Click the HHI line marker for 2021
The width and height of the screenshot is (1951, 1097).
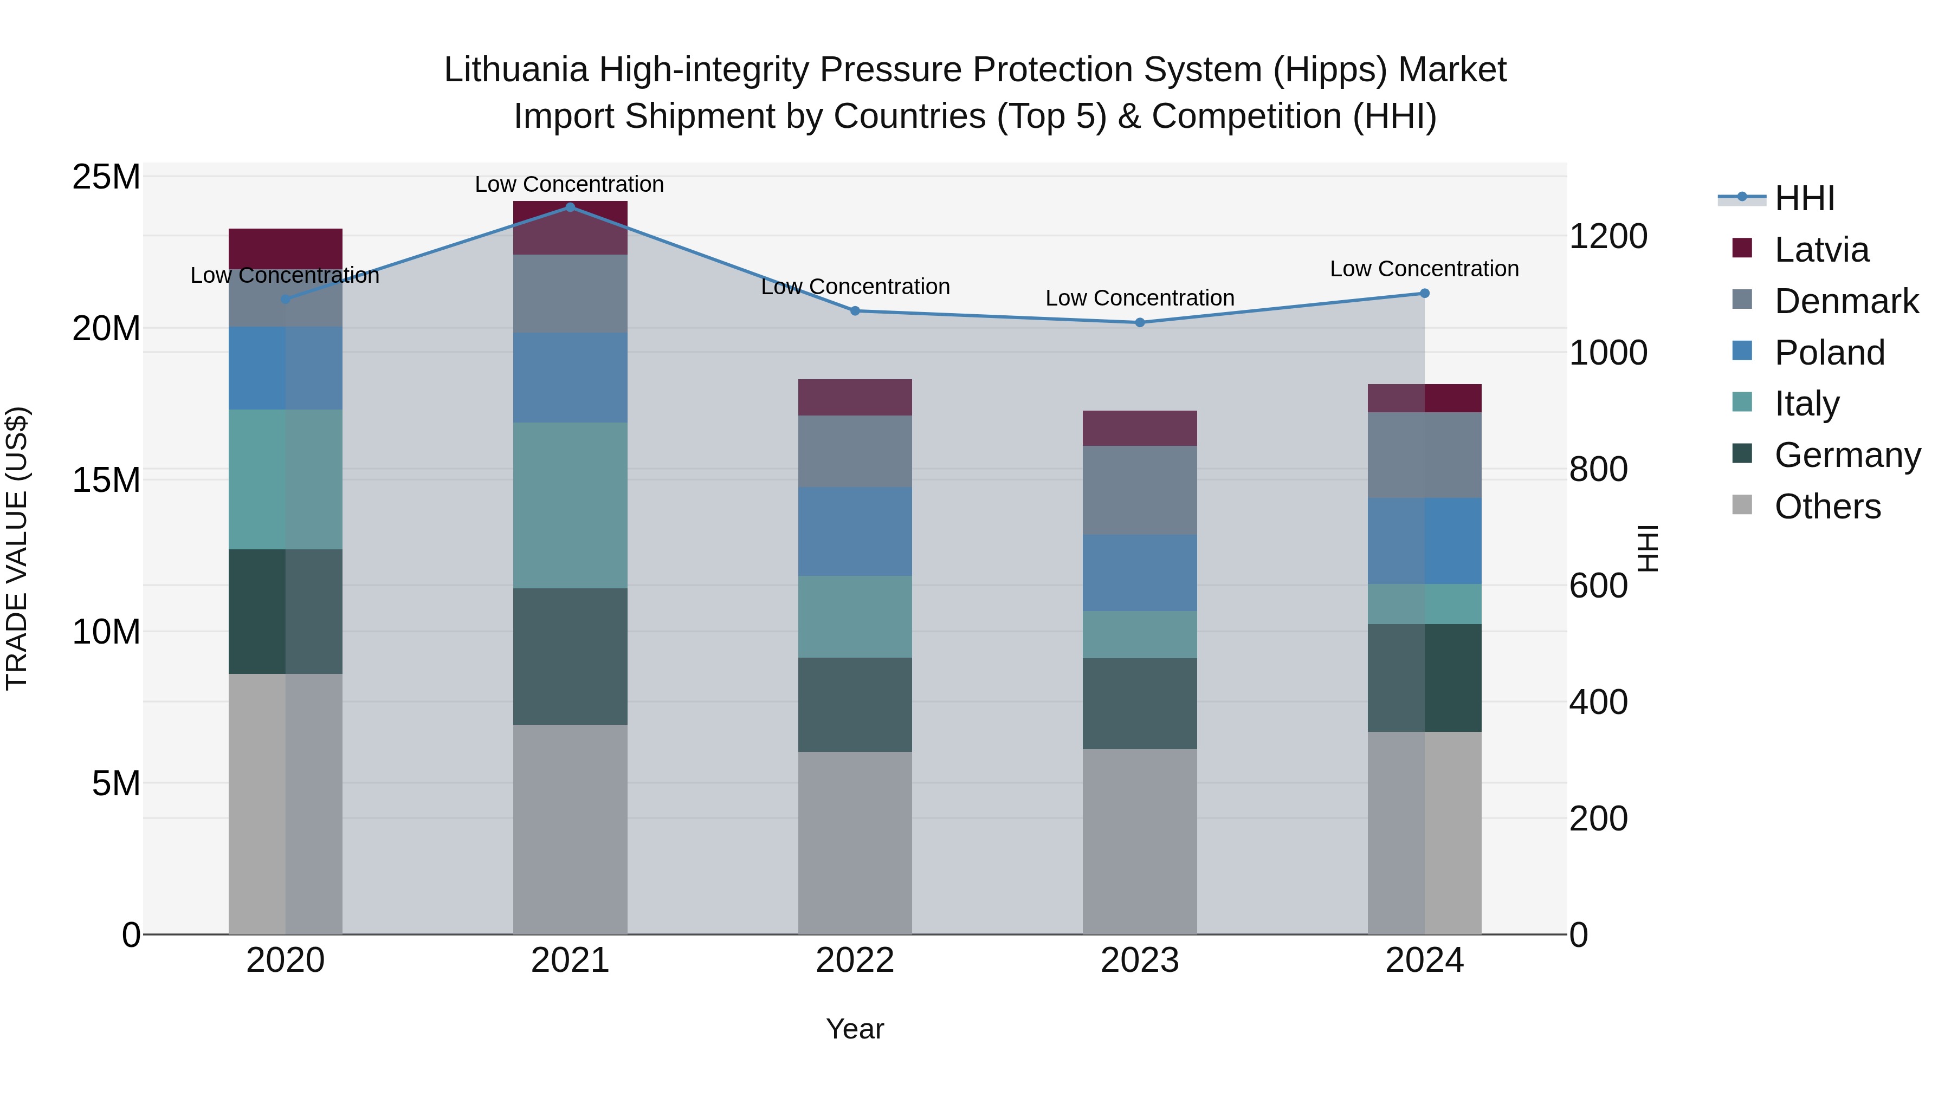[570, 207]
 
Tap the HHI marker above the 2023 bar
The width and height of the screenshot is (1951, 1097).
[1140, 322]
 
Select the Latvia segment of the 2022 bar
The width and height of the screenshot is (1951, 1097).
[855, 398]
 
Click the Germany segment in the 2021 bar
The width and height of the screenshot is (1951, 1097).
[570, 657]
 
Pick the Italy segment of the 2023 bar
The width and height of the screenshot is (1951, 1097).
[1140, 634]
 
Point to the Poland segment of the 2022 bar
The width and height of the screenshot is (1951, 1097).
[855, 531]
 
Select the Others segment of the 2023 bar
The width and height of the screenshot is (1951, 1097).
[1140, 841]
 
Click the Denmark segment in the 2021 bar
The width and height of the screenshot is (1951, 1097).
[570, 294]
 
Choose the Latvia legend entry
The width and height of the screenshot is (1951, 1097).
[1821, 250]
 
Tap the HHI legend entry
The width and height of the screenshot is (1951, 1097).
[1804, 198]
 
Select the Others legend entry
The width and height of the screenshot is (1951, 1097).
[1827, 507]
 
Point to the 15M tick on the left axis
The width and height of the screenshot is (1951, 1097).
[106, 480]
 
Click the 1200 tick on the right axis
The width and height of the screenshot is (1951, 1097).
[1607, 236]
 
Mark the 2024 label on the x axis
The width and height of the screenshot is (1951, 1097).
[1424, 960]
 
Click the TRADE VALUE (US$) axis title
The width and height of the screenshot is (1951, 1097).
[17, 548]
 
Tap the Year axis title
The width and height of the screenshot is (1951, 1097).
[855, 1029]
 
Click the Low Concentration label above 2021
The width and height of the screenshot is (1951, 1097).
[570, 184]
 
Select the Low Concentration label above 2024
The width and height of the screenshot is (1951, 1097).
[1424, 269]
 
